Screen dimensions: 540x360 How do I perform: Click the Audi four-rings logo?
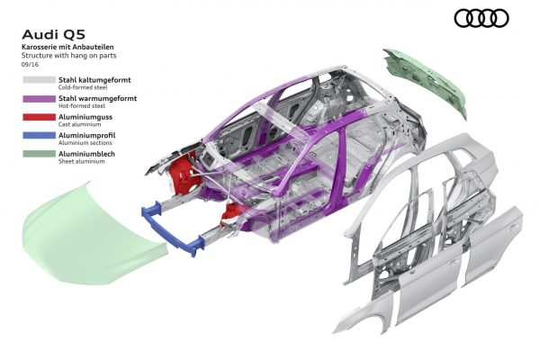[481, 18]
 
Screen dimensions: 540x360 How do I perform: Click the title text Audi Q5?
[53, 34]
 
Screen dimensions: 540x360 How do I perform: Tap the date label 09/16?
[30, 65]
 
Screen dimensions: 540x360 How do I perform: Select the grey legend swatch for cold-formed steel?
[39, 80]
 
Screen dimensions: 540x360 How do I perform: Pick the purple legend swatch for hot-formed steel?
[39, 98]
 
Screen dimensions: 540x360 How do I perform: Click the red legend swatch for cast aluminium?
[39, 117]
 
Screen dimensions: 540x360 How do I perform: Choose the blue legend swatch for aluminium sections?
[39, 135]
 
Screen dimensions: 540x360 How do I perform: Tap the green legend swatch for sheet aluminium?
[39, 154]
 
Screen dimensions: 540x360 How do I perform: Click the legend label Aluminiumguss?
[85, 117]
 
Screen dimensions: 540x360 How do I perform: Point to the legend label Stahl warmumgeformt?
[97, 98]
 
